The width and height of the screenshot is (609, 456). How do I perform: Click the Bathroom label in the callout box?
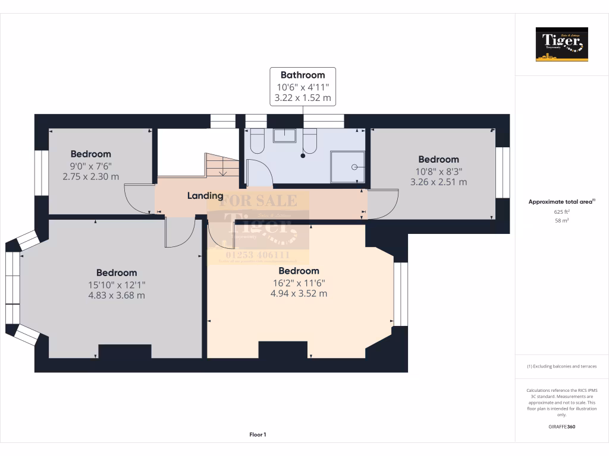click(x=303, y=75)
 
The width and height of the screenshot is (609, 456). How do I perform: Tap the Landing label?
click(x=205, y=195)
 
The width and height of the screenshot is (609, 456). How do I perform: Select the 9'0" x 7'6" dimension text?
click(x=90, y=166)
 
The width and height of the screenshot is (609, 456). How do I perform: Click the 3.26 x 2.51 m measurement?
click(x=438, y=182)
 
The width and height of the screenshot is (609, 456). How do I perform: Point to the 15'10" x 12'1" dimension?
click(x=117, y=284)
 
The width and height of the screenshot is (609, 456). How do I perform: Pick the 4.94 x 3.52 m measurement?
click(x=299, y=293)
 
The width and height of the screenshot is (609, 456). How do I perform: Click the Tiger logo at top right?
click(x=561, y=45)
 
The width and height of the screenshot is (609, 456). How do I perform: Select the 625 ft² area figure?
click(x=561, y=211)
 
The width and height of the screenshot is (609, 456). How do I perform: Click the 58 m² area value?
click(x=561, y=220)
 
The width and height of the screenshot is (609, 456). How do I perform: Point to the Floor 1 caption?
click(x=258, y=435)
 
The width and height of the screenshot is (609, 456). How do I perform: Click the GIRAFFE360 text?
click(x=561, y=426)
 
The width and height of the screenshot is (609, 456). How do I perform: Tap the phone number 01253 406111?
click(x=258, y=255)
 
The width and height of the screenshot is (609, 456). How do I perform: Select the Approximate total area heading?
click(x=561, y=202)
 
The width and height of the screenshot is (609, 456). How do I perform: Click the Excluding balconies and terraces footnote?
click(x=561, y=366)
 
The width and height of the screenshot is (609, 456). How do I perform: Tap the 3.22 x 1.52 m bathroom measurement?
click(x=303, y=97)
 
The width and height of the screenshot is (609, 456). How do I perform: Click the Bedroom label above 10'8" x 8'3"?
click(x=438, y=159)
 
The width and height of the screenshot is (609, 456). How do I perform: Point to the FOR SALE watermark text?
click(x=258, y=201)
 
